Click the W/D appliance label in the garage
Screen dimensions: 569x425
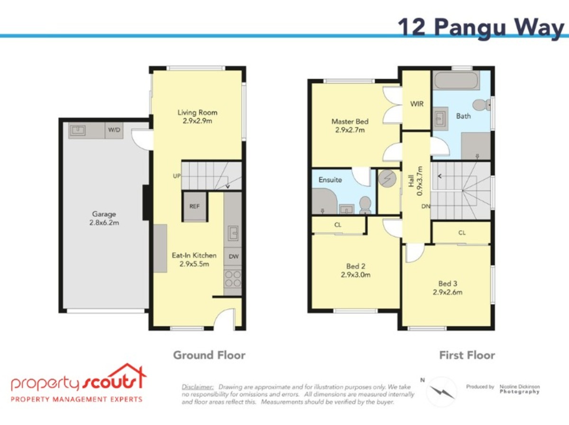coord(114,130)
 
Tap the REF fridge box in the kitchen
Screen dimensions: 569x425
coord(195,207)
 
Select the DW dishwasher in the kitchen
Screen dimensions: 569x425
coord(233,256)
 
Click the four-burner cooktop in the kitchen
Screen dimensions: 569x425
coord(233,279)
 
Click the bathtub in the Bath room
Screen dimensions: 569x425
coord(456,81)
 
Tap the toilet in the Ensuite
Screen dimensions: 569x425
coord(365,205)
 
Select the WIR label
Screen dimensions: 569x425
coord(417,104)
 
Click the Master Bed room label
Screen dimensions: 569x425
coord(349,121)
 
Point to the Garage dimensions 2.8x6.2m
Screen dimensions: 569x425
coord(104,223)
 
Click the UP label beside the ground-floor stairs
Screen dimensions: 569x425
coord(177,176)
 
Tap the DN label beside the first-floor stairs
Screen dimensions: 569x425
coord(426,206)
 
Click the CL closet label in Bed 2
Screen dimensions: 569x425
coord(338,225)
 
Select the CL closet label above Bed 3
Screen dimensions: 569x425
coord(462,233)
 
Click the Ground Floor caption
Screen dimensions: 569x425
coord(209,355)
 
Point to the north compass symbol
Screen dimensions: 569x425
coord(441,392)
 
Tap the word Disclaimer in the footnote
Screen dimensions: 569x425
coord(198,387)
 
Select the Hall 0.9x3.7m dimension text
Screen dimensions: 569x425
coord(415,181)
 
